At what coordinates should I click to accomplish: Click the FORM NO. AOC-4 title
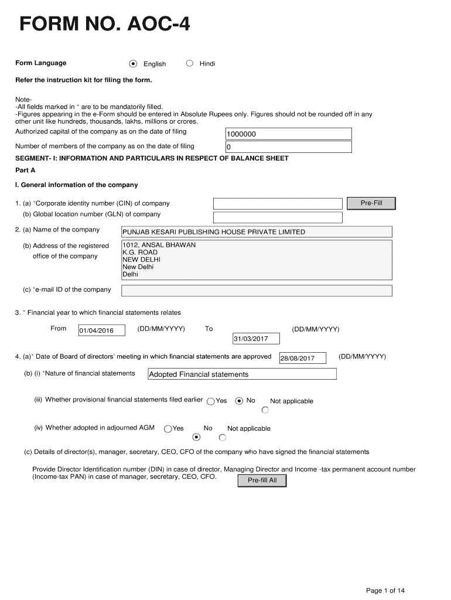[x=105, y=25]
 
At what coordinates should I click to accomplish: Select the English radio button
[x=134, y=63]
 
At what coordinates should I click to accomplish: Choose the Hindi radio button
[x=189, y=63]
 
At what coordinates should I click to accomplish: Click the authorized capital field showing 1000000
[x=288, y=134]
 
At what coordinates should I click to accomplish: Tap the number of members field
[x=288, y=147]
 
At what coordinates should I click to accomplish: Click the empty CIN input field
[x=277, y=204]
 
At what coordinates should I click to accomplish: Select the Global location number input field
[x=277, y=217]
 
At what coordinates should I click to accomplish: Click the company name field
[x=256, y=232]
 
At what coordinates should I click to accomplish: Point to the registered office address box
[x=256, y=260]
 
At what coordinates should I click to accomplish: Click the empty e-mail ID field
[x=256, y=291]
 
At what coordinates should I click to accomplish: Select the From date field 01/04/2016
[x=101, y=330]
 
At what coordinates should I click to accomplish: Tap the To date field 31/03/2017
[x=256, y=339]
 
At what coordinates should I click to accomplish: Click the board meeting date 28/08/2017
[x=302, y=358]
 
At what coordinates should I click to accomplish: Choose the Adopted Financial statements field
[x=241, y=374]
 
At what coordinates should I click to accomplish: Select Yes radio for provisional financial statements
[x=211, y=401]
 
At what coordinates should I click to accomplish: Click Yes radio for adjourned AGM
[x=168, y=429]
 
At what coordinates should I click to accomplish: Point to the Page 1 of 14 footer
[x=385, y=590]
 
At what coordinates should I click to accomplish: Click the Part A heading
[x=25, y=170]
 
